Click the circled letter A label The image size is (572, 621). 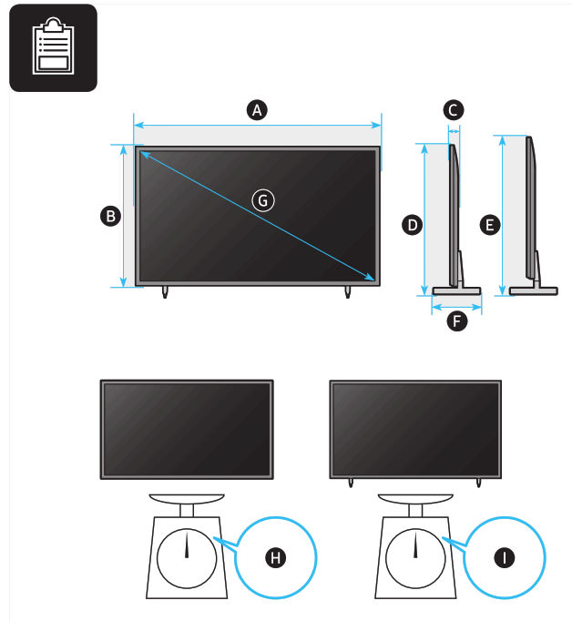[x=257, y=110]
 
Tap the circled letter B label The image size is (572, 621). [x=110, y=216]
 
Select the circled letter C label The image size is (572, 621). [x=453, y=110]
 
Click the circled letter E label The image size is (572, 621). [x=490, y=224]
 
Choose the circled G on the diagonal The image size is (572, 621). [x=262, y=199]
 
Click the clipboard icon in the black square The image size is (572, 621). [x=53, y=47]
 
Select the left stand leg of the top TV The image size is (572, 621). [x=165, y=291]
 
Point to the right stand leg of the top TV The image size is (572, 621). [x=348, y=291]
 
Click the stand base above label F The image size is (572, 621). [x=456, y=291]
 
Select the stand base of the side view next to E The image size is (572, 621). [x=533, y=291]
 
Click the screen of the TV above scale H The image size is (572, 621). [x=187, y=428]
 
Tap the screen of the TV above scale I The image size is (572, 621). [x=415, y=428]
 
